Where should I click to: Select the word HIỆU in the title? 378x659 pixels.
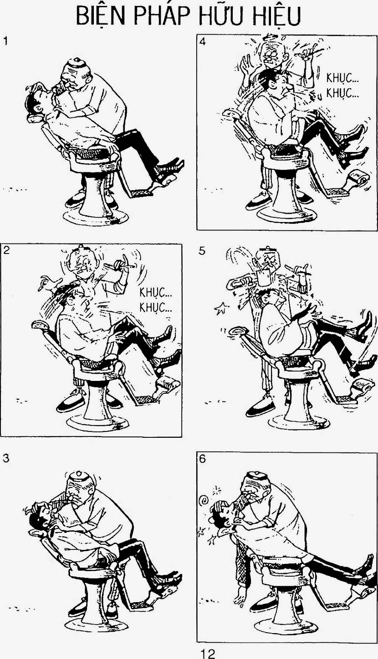coord(276,16)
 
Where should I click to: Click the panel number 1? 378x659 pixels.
coord(5,41)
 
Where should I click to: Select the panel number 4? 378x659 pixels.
coord(203,41)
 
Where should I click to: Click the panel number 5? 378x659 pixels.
coord(202,252)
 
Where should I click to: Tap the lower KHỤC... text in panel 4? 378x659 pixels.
coord(342,94)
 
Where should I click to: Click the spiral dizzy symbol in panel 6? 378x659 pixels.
coord(204,499)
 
